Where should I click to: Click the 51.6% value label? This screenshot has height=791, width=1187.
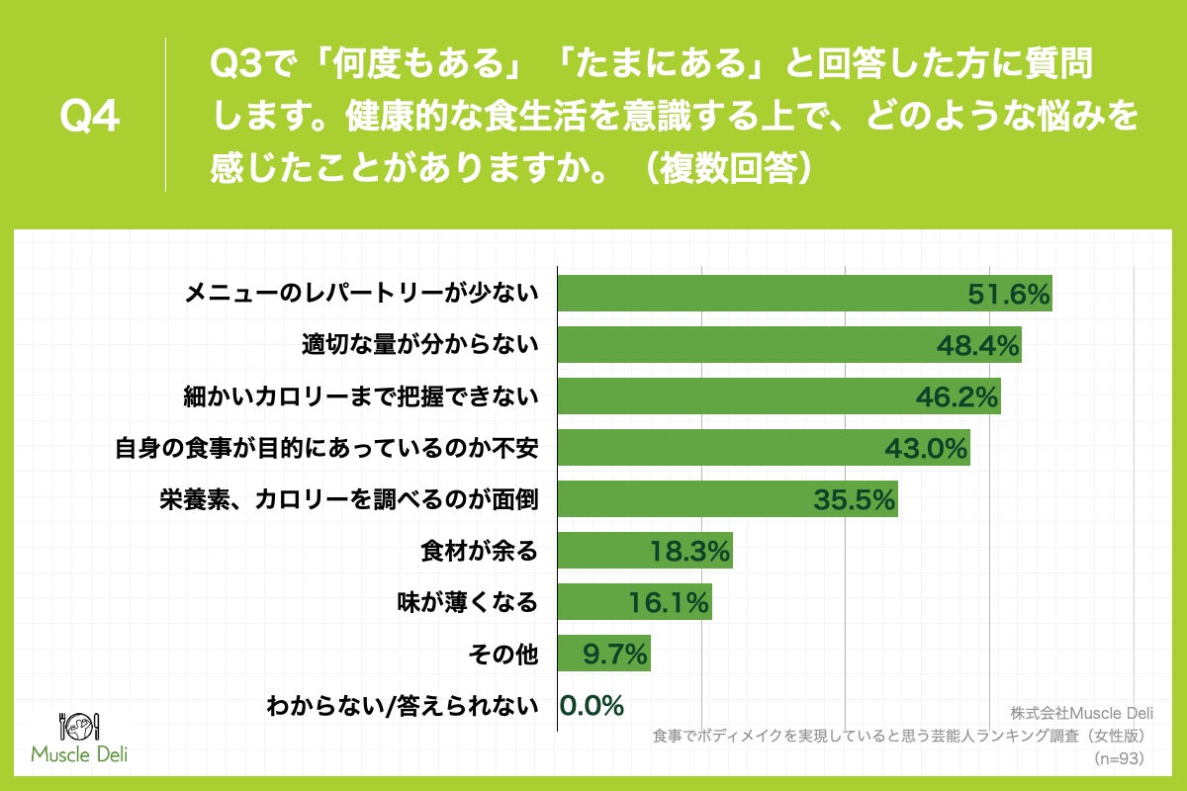(x=1007, y=294)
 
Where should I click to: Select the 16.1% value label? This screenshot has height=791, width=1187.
(x=669, y=602)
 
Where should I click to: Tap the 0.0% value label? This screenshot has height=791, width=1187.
(x=592, y=705)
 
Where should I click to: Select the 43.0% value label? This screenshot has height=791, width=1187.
(x=925, y=448)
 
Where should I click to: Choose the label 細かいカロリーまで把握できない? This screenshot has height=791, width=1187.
(x=360, y=396)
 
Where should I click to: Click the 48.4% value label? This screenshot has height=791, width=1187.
(x=977, y=345)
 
